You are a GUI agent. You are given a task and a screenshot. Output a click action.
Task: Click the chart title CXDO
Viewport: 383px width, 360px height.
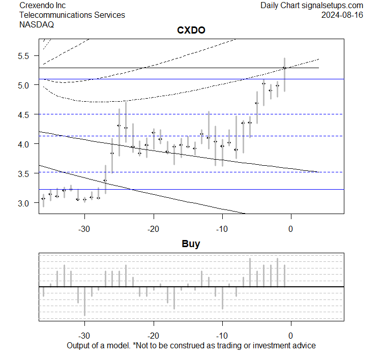(x=191, y=31)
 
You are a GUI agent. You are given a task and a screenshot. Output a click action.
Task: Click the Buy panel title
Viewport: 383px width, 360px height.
(x=191, y=244)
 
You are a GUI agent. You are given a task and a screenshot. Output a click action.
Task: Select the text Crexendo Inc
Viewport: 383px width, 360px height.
(x=42, y=5)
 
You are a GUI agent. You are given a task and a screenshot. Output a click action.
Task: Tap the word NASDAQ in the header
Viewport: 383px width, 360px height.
(x=37, y=24)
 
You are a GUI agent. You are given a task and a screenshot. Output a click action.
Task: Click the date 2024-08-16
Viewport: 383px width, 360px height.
(x=342, y=15)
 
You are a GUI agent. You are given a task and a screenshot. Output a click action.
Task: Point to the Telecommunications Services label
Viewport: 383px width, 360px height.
(x=72, y=15)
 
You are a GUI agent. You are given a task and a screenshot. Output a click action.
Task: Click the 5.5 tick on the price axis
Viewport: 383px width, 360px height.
(x=25, y=55)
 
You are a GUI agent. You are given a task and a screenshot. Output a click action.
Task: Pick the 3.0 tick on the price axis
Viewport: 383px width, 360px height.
(x=25, y=203)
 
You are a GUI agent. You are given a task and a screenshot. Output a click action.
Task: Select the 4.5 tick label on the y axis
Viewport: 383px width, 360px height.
(x=25, y=114)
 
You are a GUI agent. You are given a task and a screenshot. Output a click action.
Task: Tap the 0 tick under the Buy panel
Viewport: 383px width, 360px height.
(x=290, y=336)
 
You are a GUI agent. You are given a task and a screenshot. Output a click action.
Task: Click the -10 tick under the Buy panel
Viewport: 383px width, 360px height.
(x=222, y=336)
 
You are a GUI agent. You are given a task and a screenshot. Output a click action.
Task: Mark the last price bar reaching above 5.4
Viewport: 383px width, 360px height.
(x=284, y=74)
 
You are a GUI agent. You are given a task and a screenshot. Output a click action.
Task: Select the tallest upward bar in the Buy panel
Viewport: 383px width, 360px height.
(x=277, y=273)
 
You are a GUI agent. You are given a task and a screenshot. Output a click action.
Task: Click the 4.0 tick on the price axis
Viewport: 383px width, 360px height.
(x=25, y=144)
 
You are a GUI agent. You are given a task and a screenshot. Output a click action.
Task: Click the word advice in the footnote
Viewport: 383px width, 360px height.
(x=304, y=346)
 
